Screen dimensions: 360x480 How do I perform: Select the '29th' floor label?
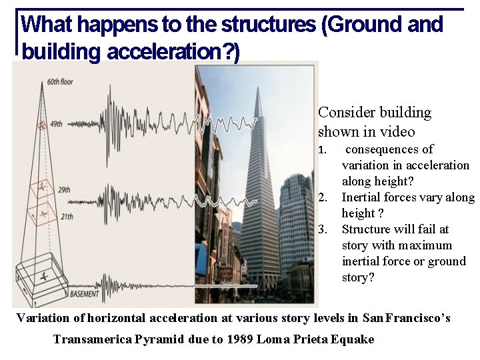point(64,191)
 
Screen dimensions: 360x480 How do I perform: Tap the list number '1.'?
point(323,149)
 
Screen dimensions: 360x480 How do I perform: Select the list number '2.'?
point(323,197)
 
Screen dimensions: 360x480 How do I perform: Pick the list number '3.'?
point(323,229)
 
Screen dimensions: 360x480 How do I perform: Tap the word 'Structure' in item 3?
point(369,229)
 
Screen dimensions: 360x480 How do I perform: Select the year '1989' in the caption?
point(241,339)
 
